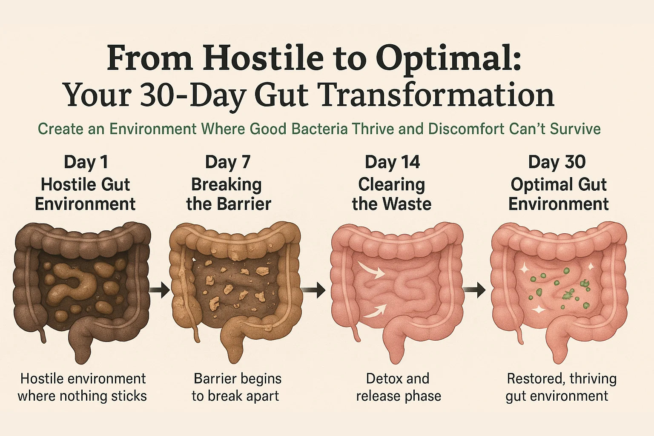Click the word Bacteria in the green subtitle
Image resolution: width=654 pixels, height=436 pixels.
click(320, 129)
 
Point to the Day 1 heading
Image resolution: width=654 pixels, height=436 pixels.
click(86, 162)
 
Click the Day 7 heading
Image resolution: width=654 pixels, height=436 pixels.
click(228, 162)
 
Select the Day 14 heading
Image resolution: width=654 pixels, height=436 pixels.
click(392, 162)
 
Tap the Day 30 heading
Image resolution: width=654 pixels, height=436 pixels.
click(557, 162)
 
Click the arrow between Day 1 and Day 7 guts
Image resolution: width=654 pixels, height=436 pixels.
click(159, 290)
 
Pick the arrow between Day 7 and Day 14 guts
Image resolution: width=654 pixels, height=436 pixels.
click(314, 290)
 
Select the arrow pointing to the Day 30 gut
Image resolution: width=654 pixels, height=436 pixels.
click(474, 290)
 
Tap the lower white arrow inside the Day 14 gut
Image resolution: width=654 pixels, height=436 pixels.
click(375, 311)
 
